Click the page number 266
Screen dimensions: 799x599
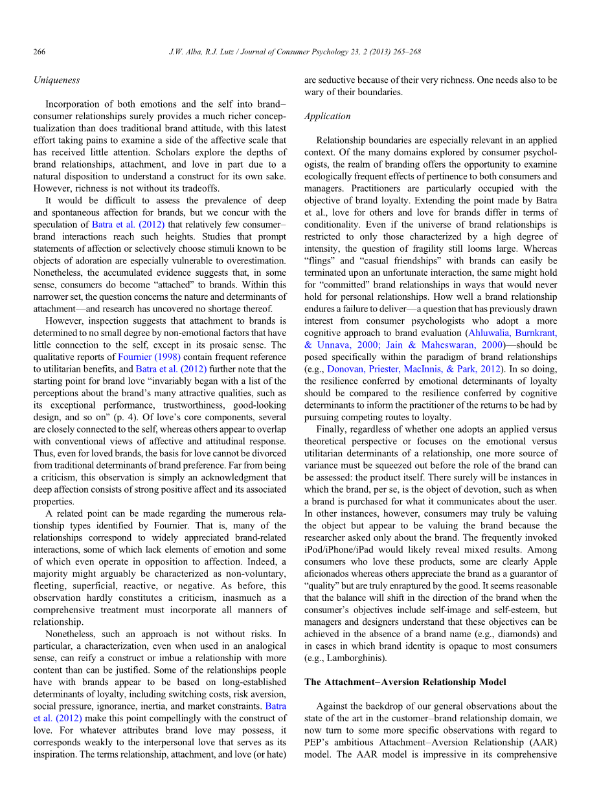point(39,52)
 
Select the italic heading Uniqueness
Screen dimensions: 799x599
point(56,80)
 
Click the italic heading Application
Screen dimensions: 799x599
point(327,117)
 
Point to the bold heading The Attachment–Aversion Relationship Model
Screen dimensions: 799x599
point(405,682)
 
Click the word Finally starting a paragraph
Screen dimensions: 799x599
point(330,429)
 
